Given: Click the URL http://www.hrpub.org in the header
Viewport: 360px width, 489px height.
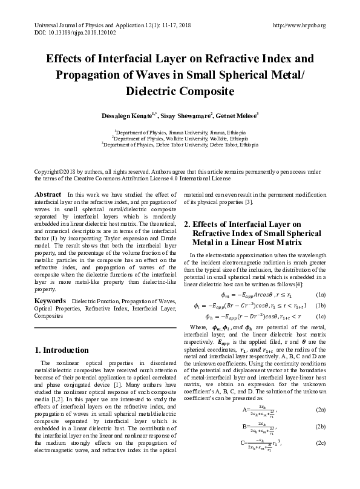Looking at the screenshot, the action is coord(299,25).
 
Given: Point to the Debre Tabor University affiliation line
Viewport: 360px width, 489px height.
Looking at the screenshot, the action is coord(180,145).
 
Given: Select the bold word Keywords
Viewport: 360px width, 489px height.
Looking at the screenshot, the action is coord(50,301).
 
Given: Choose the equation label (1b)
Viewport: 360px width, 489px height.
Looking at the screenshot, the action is coord(320,305).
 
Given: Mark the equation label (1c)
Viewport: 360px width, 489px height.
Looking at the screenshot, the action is coord(320,315).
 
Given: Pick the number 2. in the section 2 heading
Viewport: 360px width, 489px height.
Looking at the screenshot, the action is coord(188,224).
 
